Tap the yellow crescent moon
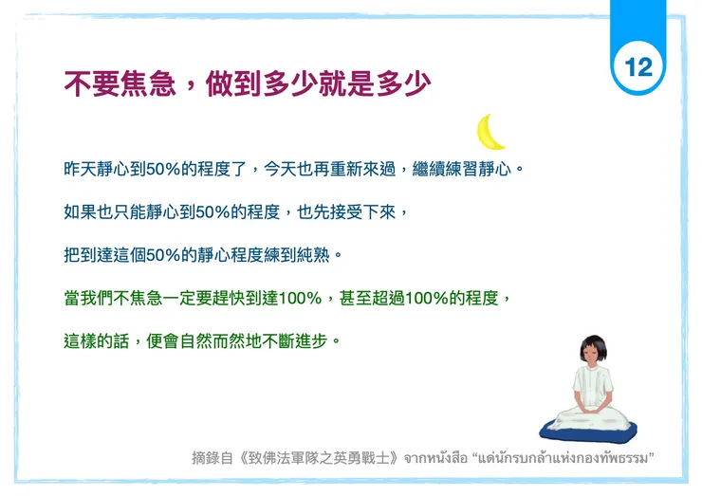pyautogui.click(x=490, y=133)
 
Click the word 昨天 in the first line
pyautogui.click(x=77, y=169)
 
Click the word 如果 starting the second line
pyautogui.click(x=77, y=211)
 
